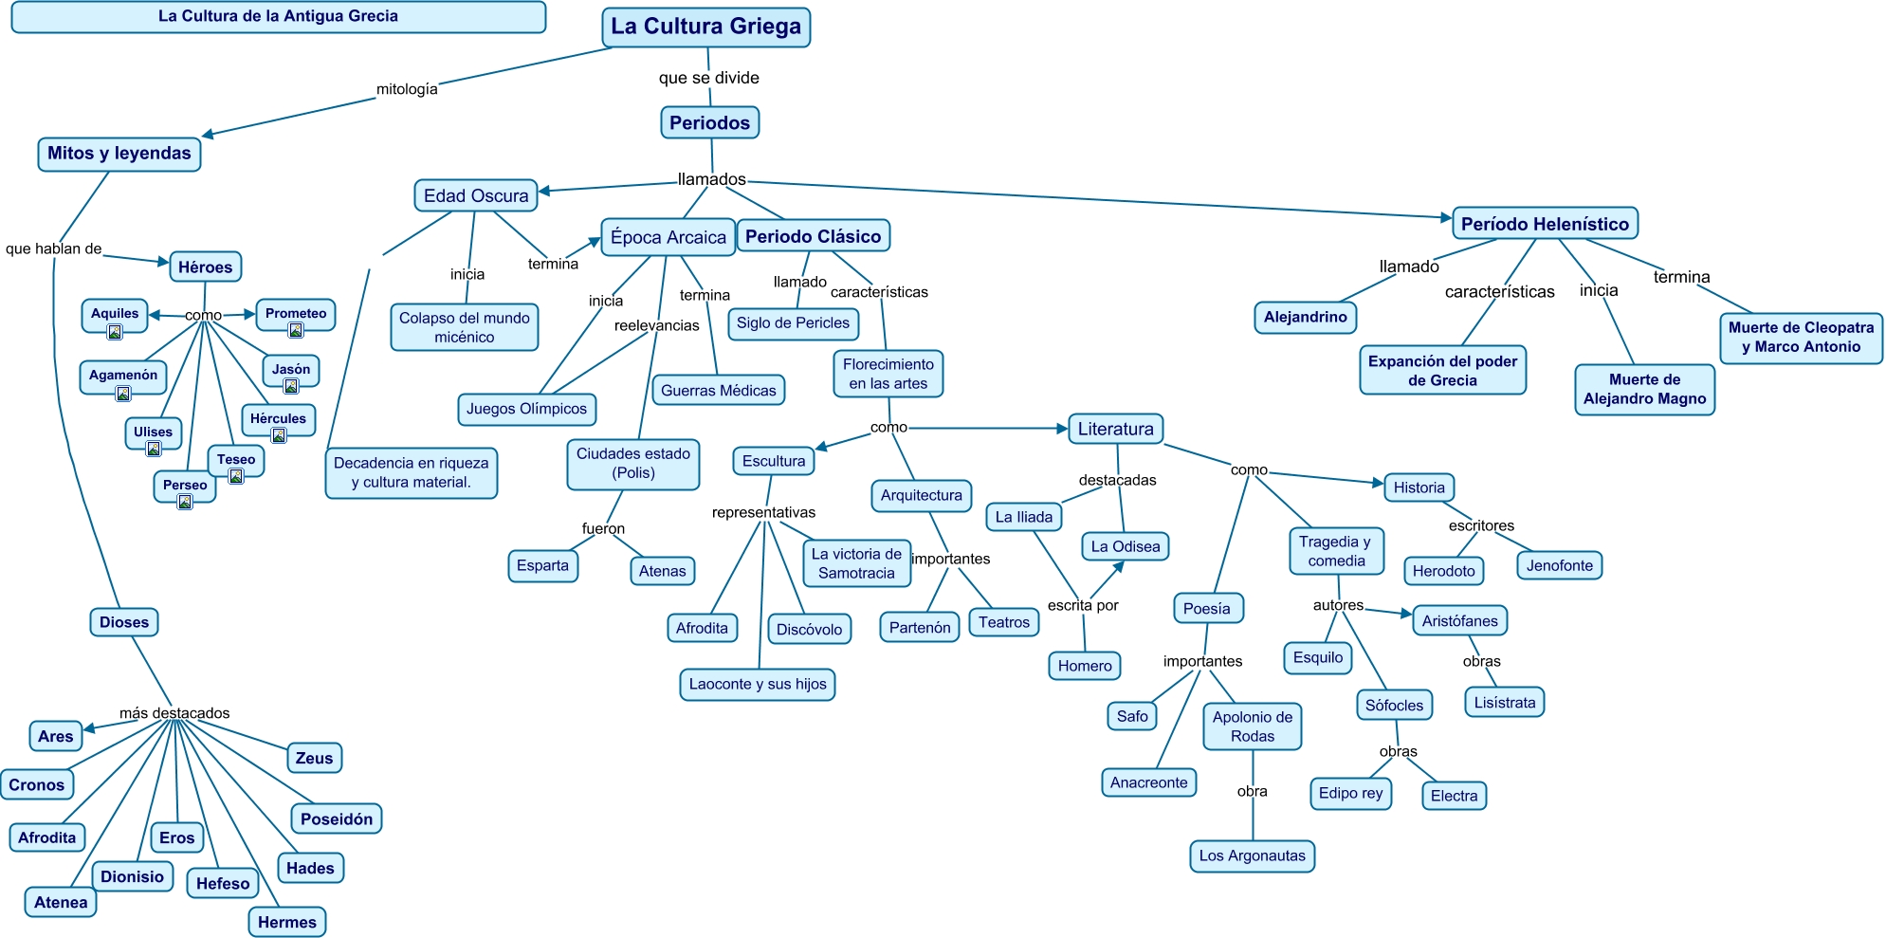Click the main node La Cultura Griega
click(705, 27)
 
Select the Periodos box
click(709, 122)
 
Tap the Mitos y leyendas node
click(119, 154)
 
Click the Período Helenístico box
click(1545, 224)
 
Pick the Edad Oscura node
click(476, 195)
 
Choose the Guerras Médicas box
click(718, 390)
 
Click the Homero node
click(1085, 666)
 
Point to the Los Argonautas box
click(1252, 855)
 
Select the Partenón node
click(920, 627)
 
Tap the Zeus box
click(314, 758)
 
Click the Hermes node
click(287, 922)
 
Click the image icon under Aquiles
click(115, 332)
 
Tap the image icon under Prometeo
click(296, 330)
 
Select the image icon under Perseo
click(185, 502)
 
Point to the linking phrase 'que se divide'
click(709, 78)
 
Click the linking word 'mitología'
click(407, 89)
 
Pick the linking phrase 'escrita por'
click(1083, 605)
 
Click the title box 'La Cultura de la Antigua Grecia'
click(278, 16)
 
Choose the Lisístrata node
click(1505, 703)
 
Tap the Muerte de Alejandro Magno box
click(1644, 389)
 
